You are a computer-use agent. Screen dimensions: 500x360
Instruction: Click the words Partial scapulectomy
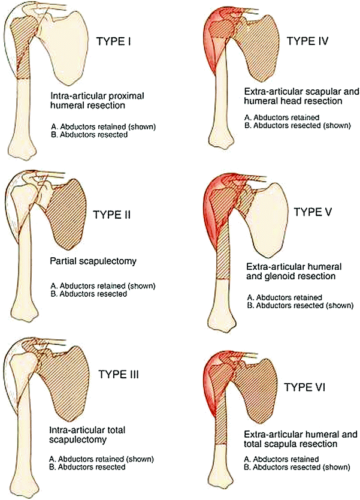(x=85, y=262)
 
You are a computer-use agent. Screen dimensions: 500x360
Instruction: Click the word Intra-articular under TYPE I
(x=72, y=95)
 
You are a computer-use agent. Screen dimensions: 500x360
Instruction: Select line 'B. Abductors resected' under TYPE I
(x=90, y=135)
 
